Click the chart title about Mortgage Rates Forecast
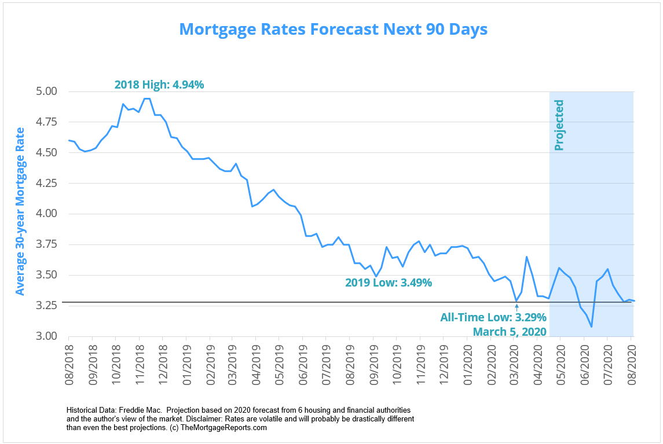tap(333, 29)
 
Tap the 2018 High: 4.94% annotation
tap(159, 85)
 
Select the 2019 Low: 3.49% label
tap(389, 283)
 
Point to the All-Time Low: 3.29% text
tap(493, 317)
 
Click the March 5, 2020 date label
tap(510, 332)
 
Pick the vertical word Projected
tap(559, 125)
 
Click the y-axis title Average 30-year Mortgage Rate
tap(20, 211)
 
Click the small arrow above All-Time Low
tap(516, 307)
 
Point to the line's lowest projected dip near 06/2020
tap(591, 327)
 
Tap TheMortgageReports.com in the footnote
tap(224, 428)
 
